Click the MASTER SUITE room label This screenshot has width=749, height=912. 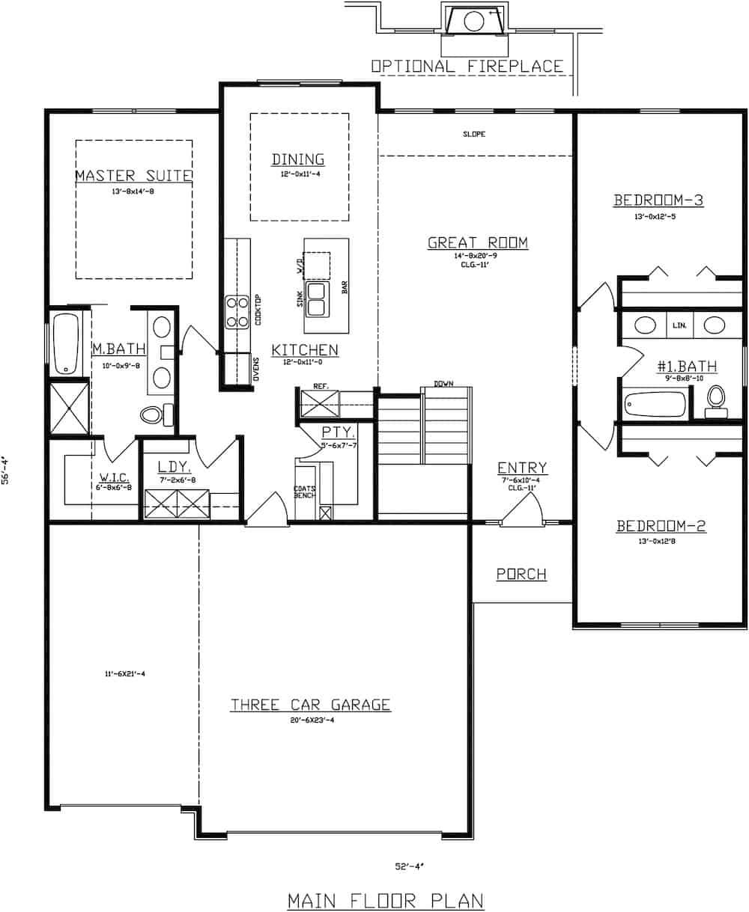click(134, 176)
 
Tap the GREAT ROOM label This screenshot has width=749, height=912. click(478, 242)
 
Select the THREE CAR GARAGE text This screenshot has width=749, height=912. click(310, 705)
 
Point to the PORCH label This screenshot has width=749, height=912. click(521, 575)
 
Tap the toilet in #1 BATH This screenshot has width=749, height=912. click(716, 398)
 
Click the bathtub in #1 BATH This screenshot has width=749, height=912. click(655, 405)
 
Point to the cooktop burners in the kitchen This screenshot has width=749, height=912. click(237, 312)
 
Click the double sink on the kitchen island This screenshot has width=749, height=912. click(317, 299)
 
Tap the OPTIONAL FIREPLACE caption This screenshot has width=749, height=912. click(467, 67)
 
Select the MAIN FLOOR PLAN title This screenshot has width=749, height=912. click(386, 900)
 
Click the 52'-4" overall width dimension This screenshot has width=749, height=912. click(410, 866)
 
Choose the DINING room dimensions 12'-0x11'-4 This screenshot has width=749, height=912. click(299, 174)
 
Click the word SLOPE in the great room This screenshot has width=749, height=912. click(474, 135)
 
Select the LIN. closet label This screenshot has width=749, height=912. click(679, 325)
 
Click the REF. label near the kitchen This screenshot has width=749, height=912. click(311, 386)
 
